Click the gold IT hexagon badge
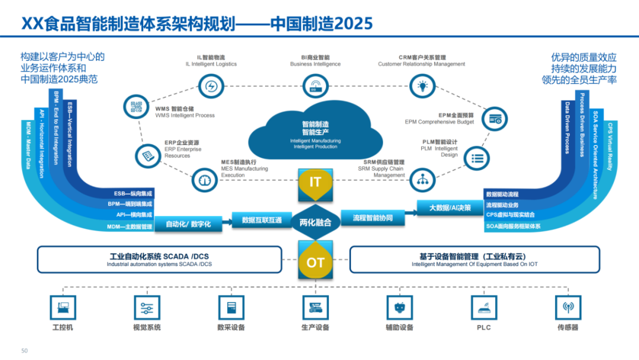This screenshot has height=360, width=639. click(x=315, y=182)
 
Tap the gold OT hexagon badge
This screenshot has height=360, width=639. click(x=315, y=261)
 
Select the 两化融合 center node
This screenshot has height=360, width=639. click(x=315, y=222)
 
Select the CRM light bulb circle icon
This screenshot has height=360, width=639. click(x=422, y=86)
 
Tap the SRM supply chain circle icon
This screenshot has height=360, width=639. click(x=422, y=179)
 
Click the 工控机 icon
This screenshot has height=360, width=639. click(x=63, y=307)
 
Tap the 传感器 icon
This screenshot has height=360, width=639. click(x=568, y=307)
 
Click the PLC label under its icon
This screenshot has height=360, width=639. click(x=483, y=327)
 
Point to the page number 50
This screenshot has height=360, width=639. click(x=24, y=351)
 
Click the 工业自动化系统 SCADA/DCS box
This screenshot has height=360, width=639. click(x=159, y=260)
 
